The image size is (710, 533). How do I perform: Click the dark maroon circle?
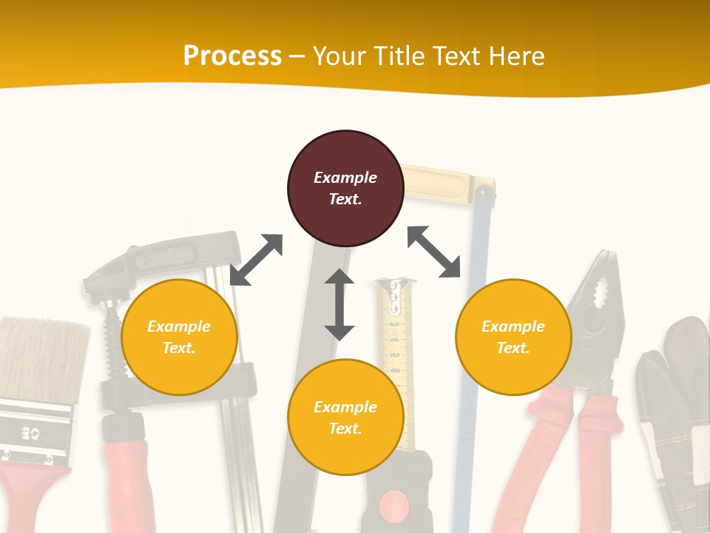(345, 189)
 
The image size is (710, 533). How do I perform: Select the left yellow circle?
(179, 338)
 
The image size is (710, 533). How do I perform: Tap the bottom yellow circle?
(345, 418)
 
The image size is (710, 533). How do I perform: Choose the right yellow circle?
(513, 338)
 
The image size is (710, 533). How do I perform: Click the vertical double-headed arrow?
(339, 304)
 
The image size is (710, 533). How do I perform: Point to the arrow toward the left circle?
(256, 260)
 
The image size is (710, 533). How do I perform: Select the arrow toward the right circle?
(434, 252)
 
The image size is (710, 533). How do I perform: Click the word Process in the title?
(232, 56)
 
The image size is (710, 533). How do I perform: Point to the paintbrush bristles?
(41, 359)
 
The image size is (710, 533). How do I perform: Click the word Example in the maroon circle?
(345, 178)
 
